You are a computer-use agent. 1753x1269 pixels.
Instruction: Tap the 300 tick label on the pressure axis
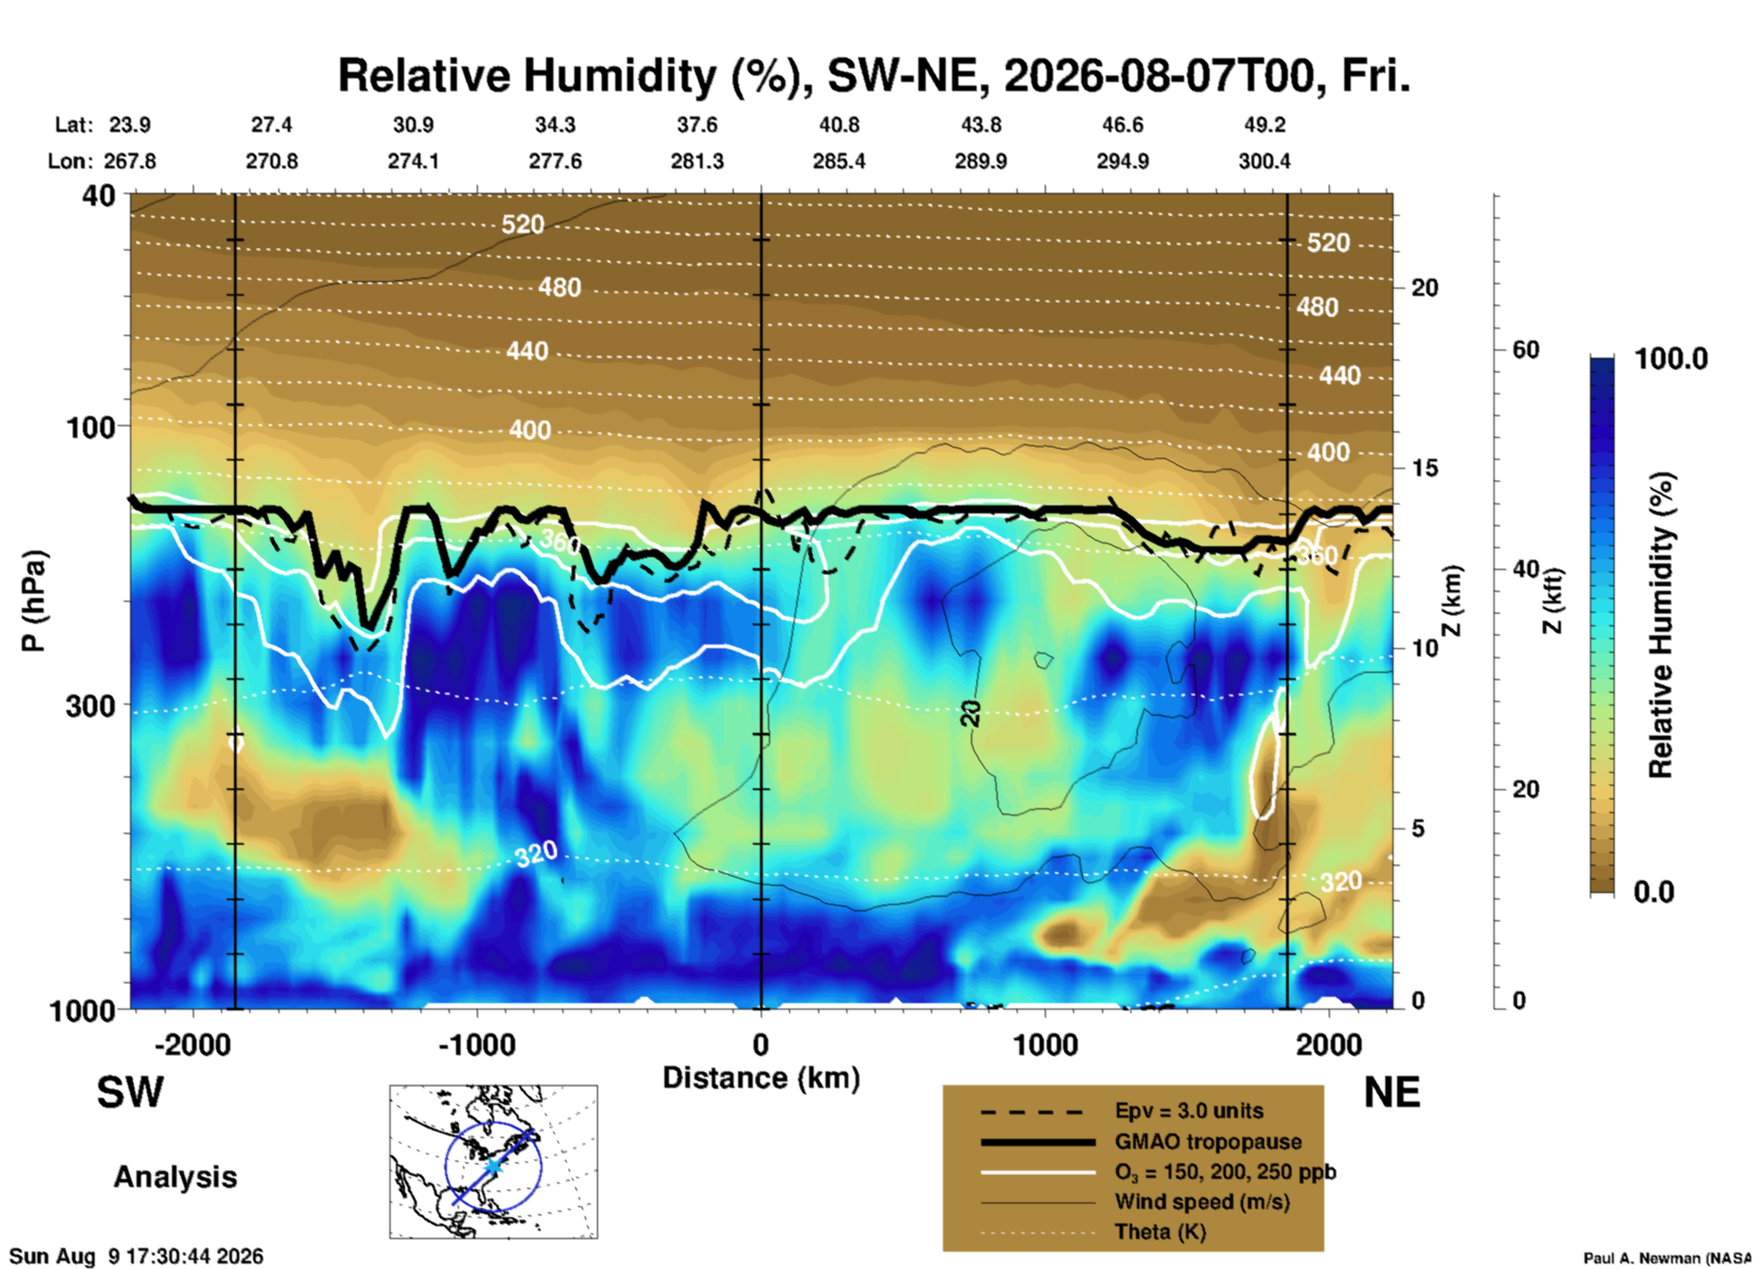91,706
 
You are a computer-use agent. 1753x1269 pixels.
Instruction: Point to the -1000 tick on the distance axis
477,1045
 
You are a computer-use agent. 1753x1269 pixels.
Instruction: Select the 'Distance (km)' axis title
761,1078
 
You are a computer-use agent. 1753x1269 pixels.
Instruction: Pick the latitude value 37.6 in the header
697,125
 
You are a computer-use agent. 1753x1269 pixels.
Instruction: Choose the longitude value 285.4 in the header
839,161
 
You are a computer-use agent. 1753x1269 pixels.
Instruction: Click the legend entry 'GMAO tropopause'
1208,1142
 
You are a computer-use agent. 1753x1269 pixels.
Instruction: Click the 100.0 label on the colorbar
1671,359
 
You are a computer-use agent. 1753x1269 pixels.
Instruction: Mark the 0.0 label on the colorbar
1654,892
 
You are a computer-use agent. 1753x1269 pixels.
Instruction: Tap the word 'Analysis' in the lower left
175,1177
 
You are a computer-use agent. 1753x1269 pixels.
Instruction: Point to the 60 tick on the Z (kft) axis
1525,350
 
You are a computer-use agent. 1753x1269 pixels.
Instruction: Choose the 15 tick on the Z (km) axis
1424,468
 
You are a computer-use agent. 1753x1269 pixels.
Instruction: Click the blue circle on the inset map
445,1166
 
